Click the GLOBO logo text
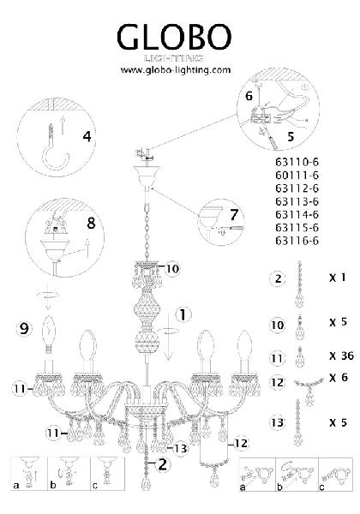click(x=174, y=37)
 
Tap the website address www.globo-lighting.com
click(x=176, y=70)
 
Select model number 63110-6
click(x=297, y=162)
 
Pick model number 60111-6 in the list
click(x=297, y=175)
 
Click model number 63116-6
click(x=297, y=241)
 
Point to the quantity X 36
click(x=341, y=356)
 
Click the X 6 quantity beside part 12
click(x=339, y=377)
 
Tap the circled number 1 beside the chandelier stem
click(x=183, y=315)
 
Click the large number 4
click(x=87, y=136)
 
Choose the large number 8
click(x=91, y=223)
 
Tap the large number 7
click(x=233, y=215)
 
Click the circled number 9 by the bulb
click(x=24, y=328)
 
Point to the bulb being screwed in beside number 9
click(x=49, y=334)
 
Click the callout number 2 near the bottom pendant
click(x=162, y=464)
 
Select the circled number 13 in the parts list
click(x=277, y=422)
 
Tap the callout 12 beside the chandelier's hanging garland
click(x=242, y=444)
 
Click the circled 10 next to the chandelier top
click(x=172, y=269)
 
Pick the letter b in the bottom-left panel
click(x=53, y=485)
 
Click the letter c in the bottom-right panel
click(x=322, y=487)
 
